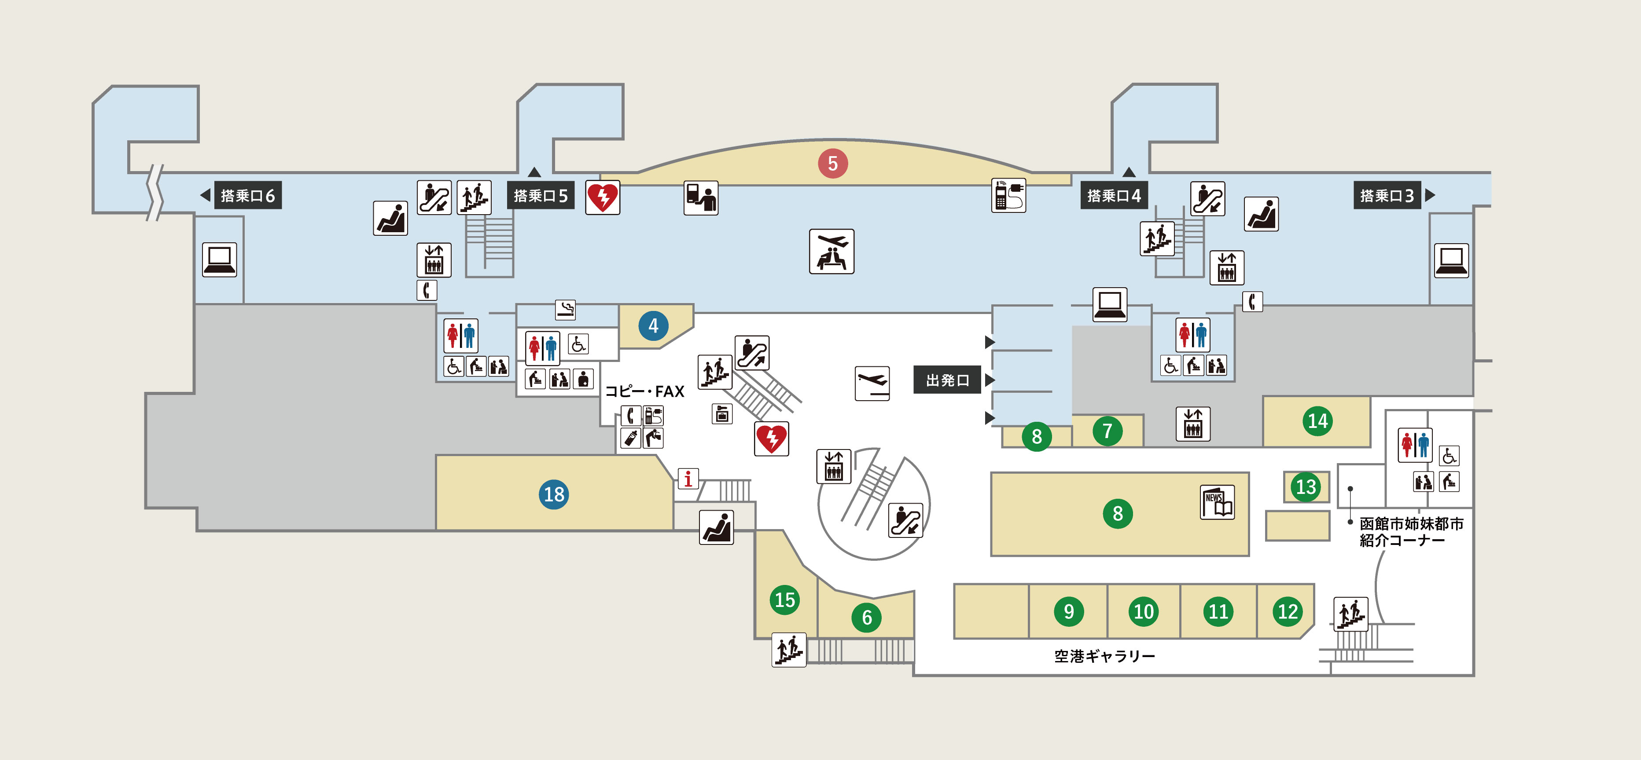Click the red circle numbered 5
click(x=832, y=164)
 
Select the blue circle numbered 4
click(x=653, y=326)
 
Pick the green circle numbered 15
click(x=784, y=599)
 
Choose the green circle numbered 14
click(x=1317, y=421)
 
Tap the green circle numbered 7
click(x=1107, y=431)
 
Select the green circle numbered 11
click(x=1218, y=612)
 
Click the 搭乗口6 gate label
click(x=247, y=195)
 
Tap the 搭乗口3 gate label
click(x=1386, y=195)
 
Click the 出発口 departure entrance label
click(x=947, y=380)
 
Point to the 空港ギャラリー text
click(x=1104, y=656)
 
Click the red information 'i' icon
click(x=688, y=479)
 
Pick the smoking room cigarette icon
click(x=565, y=309)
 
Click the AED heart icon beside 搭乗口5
click(x=603, y=197)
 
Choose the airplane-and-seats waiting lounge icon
click(x=832, y=252)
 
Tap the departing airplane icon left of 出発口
click(x=872, y=383)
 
